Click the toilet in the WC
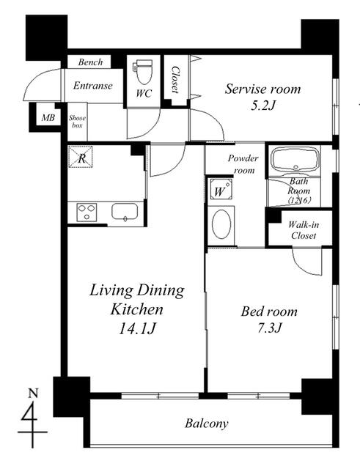[144, 71]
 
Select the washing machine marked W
[220, 189]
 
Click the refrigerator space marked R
[81, 156]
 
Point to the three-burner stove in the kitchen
[87, 213]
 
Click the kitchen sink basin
[125, 212]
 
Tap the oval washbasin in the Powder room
[221, 224]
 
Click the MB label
[48, 118]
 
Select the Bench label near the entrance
[90, 62]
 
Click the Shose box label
[77, 122]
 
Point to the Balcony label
[207, 424]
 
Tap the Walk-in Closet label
[304, 230]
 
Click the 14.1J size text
[137, 329]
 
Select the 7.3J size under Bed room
[269, 328]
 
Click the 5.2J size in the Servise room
[262, 106]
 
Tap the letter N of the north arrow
[33, 393]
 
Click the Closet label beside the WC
[175, 79]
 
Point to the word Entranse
[93, 86]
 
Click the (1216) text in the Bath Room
[300, 200]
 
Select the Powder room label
[243, 164]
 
